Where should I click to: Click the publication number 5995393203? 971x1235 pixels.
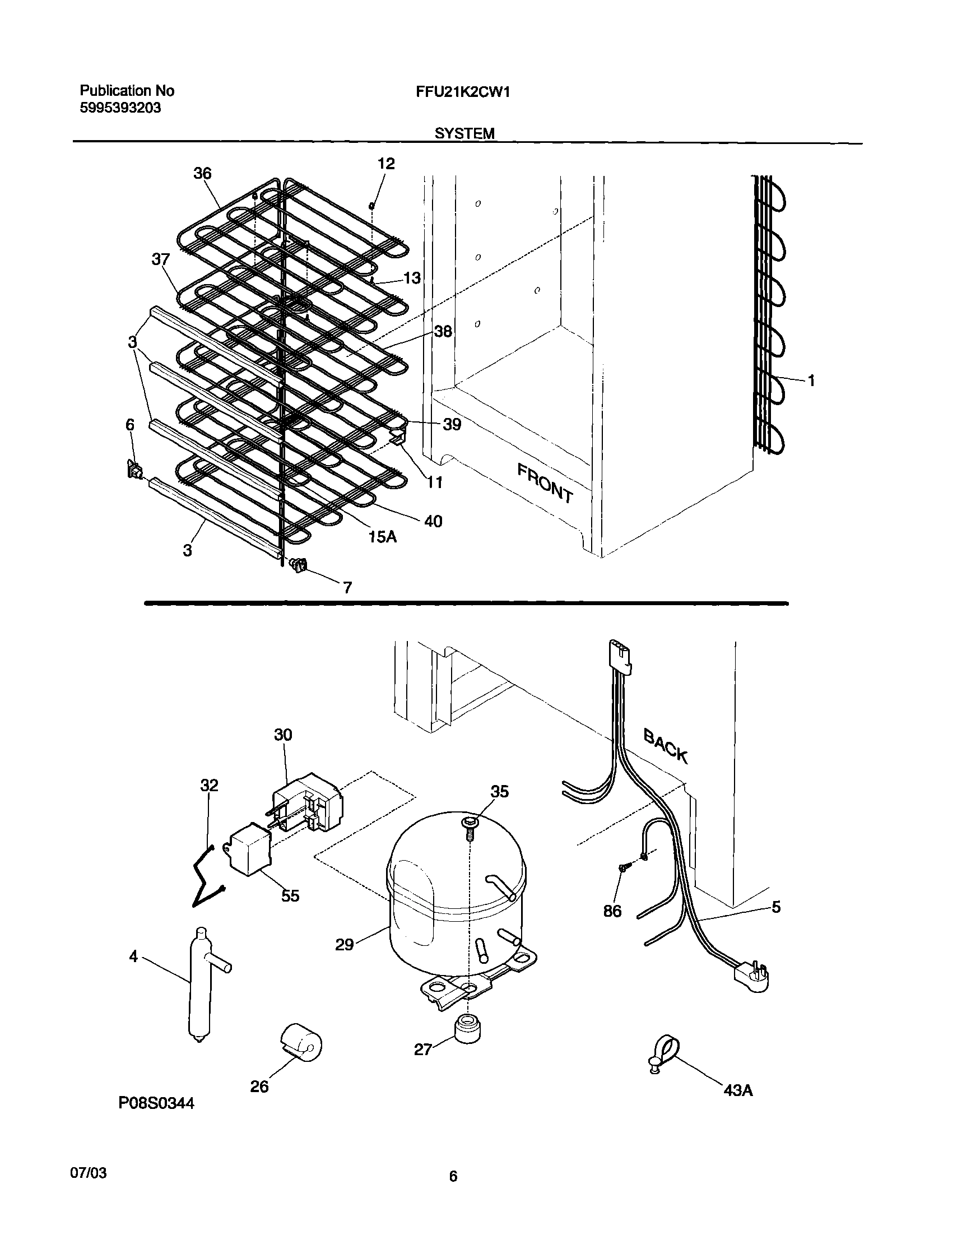[x=120, y=108]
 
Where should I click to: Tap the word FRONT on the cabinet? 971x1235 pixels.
[x=545, y=483]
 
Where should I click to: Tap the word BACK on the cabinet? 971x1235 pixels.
[x=666, y=746]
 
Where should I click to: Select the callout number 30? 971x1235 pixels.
[x=282, y=735]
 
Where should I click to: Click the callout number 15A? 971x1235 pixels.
[x=382, y=536]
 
